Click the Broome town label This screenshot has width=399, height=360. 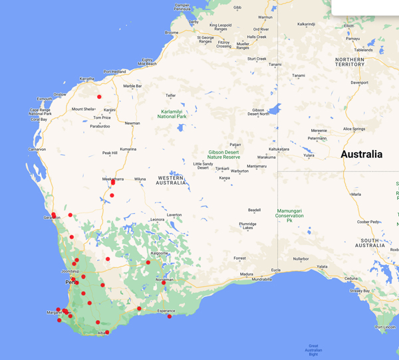(x=172, y=33)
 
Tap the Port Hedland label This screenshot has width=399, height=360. (x=114, y=72)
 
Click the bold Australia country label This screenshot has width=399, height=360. (x=361, y=154)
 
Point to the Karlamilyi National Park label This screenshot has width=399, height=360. (x=172, y=114)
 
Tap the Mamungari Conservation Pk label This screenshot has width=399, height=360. (x=289, y=215)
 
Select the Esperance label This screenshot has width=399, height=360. (x=166, y=311)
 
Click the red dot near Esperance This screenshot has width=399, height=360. (x=170, y=316)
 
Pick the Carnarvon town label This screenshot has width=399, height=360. (x=37, y=150)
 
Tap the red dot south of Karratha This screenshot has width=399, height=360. (x=99, y=97)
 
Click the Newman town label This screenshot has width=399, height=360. (x=133, y=124)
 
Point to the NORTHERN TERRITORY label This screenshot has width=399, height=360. (x=350, y=62)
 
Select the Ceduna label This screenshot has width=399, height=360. (x=352, y=279)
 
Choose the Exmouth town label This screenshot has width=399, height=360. (x=45, y=99)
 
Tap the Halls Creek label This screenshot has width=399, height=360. (x=257, y=37)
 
